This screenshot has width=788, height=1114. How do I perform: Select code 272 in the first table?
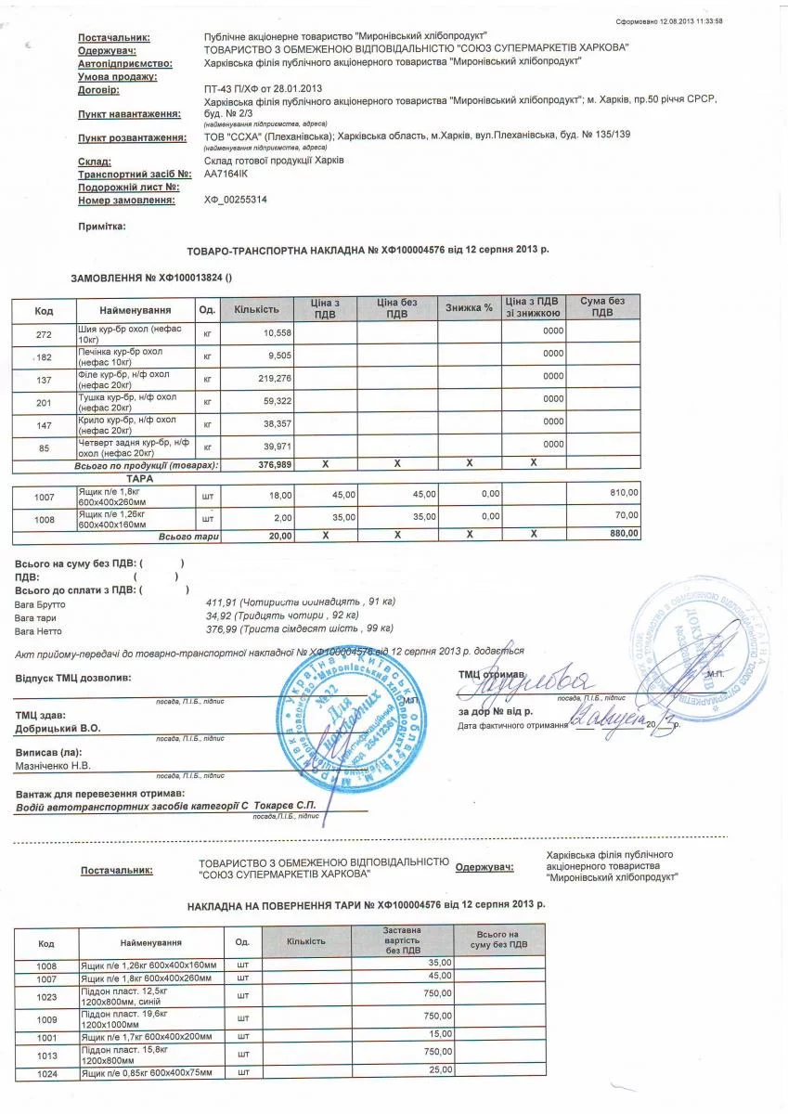coord(44,333)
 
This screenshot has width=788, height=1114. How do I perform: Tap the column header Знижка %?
coord(469,308)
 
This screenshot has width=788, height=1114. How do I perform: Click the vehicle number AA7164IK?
coord(226,173)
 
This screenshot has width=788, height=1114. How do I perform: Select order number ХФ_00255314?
coord(236,200)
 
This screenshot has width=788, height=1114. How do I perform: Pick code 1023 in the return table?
coord(46,996)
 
